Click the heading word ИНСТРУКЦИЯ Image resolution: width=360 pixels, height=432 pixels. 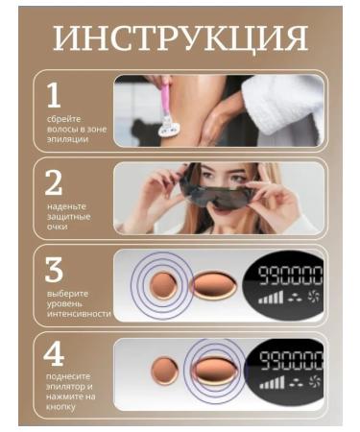click(x=180, y=38)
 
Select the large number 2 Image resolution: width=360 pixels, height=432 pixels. click(x=53, y=181)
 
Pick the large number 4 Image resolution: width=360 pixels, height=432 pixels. click(x=54, y=355)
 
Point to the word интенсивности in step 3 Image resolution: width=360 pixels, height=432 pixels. click(x=79, y=314)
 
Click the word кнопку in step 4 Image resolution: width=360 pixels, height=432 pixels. click(x=63, y=407)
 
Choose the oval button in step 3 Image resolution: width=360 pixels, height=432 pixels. click(x=213, y=285)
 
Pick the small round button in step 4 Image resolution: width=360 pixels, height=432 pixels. click(x=165, y=371)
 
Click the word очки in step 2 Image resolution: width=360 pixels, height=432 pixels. click(x=57, y=228)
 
